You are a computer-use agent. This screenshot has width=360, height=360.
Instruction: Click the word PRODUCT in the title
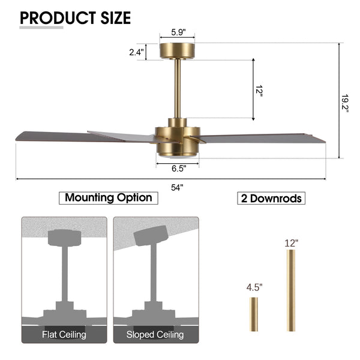pos(58,18)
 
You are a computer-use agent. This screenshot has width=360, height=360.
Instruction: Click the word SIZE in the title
pos(116,18)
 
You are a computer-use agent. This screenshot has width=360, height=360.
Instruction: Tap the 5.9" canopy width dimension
pos(178,32)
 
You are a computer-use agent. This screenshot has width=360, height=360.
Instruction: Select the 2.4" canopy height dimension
pos(136,52)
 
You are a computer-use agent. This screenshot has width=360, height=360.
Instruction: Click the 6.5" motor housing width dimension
pos(179,169)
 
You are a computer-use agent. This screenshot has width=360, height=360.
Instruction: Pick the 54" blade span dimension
pos(177,188)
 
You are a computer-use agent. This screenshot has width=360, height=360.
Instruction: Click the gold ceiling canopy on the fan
pos(177,51)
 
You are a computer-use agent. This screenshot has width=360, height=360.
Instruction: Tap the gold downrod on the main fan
pos(177,88)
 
